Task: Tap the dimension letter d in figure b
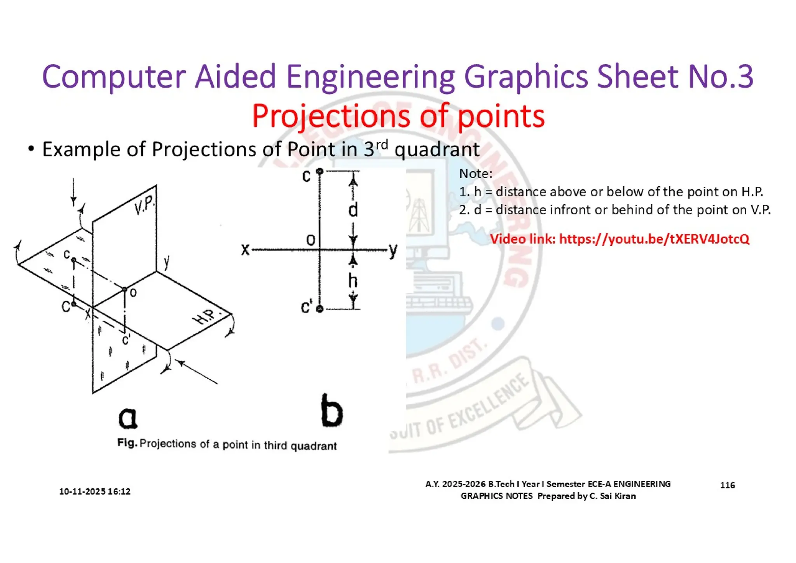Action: coord(353,210)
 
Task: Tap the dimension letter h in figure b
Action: coord(353,281)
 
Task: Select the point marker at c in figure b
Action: coord(320,171)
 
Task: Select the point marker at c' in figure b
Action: coord(320,309)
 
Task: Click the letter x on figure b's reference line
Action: coord(245,249)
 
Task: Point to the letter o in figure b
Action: coord(311,240)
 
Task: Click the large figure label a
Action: coord(128,417)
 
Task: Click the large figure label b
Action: coord(332,411)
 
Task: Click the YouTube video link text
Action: coord(654,239)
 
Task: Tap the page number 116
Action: coord(727,485)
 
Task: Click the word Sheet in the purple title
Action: coord(638,77)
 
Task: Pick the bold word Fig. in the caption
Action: coord(127,443)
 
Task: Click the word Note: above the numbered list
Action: coord(476,174)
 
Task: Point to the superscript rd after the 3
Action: coord(382,144)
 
